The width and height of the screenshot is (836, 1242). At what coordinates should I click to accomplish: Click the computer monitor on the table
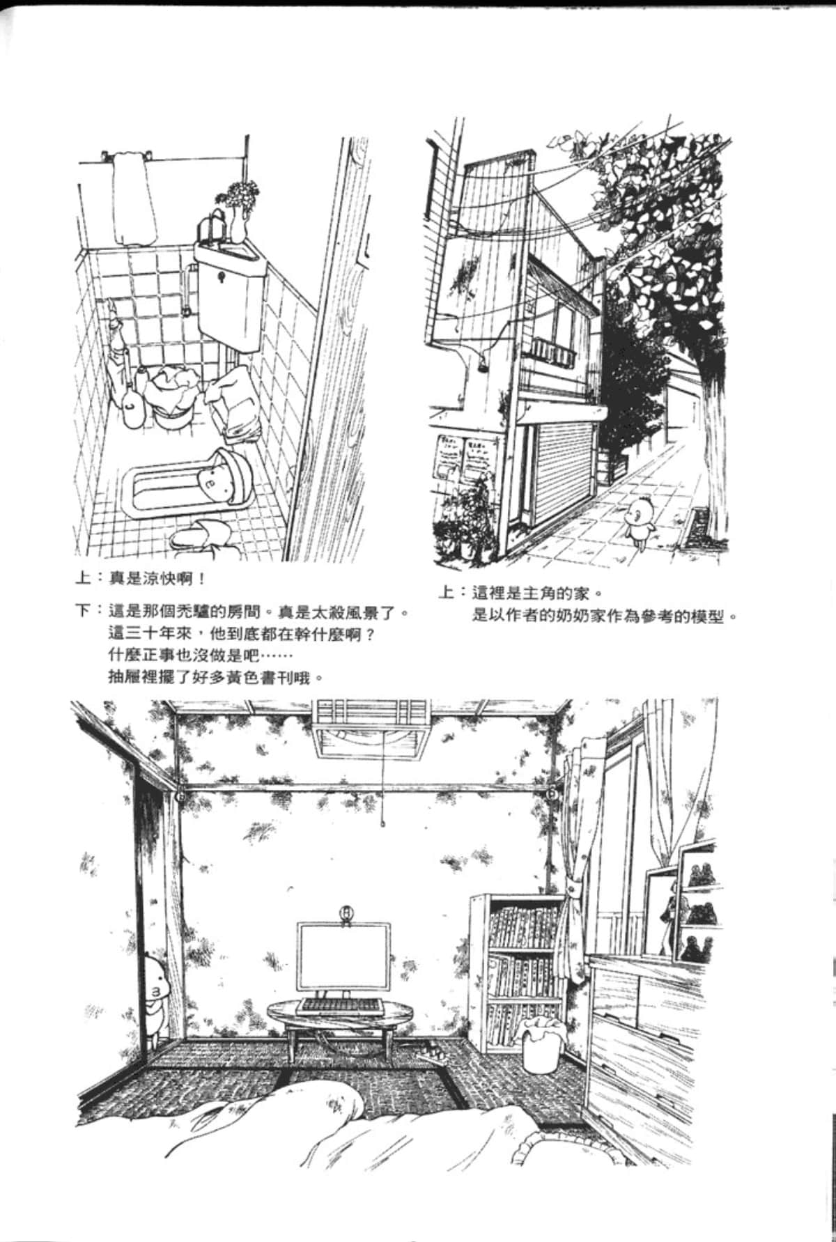point(343,958)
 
